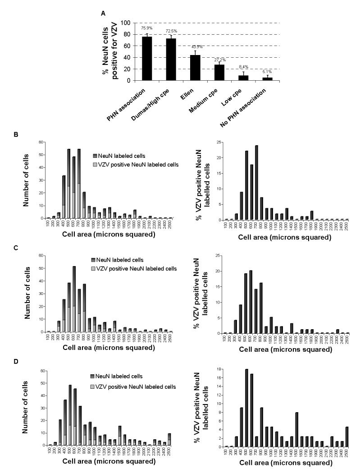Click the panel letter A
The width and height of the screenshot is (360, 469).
[103, 14]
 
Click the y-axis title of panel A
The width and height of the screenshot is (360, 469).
[110, 51]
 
